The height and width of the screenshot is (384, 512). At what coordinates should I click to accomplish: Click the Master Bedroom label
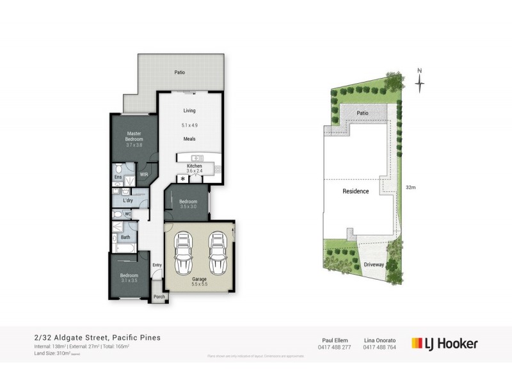click(133, 136)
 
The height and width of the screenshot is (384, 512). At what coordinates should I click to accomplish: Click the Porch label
click(158, 296)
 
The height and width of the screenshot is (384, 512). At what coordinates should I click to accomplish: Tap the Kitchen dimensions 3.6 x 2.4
click(194, 172)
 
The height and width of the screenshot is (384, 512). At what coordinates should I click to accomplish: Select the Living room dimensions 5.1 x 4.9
click(189, 125)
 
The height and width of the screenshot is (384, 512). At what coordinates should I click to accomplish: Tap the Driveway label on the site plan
click(374, 263)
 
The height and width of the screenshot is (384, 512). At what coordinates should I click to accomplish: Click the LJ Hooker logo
click(445, 343)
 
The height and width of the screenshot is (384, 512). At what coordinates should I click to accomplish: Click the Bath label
click(126, 237)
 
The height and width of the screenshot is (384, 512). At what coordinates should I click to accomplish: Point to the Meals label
click(189, 139)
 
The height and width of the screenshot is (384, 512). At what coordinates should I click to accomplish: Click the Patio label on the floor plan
click(180, 72)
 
